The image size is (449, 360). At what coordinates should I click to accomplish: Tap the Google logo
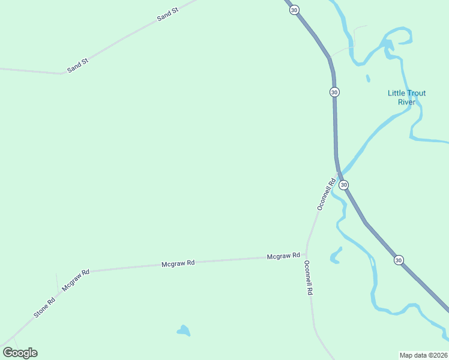20,353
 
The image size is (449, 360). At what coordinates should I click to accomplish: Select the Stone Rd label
44,307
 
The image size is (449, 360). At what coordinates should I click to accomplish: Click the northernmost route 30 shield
294,10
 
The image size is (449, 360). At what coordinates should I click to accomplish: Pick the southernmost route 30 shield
399,260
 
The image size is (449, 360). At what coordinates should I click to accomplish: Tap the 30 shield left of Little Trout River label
334,92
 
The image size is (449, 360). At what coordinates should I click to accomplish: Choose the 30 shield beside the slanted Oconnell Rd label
343,185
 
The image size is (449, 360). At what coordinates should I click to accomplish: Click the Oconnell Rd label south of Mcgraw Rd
309,277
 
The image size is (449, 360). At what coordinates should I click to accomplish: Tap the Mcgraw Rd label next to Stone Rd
76,280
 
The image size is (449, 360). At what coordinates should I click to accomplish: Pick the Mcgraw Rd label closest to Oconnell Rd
283,256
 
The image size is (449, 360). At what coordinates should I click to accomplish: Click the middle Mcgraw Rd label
178,263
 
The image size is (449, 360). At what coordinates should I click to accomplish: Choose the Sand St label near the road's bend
78,65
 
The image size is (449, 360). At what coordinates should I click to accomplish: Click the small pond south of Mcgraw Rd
184,330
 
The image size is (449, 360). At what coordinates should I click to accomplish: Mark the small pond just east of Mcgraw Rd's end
335,256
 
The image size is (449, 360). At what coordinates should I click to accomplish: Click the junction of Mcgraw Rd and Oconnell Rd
306,254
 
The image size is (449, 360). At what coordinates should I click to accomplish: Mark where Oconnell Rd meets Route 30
338,174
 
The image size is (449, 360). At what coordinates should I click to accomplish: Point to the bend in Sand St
61,74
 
